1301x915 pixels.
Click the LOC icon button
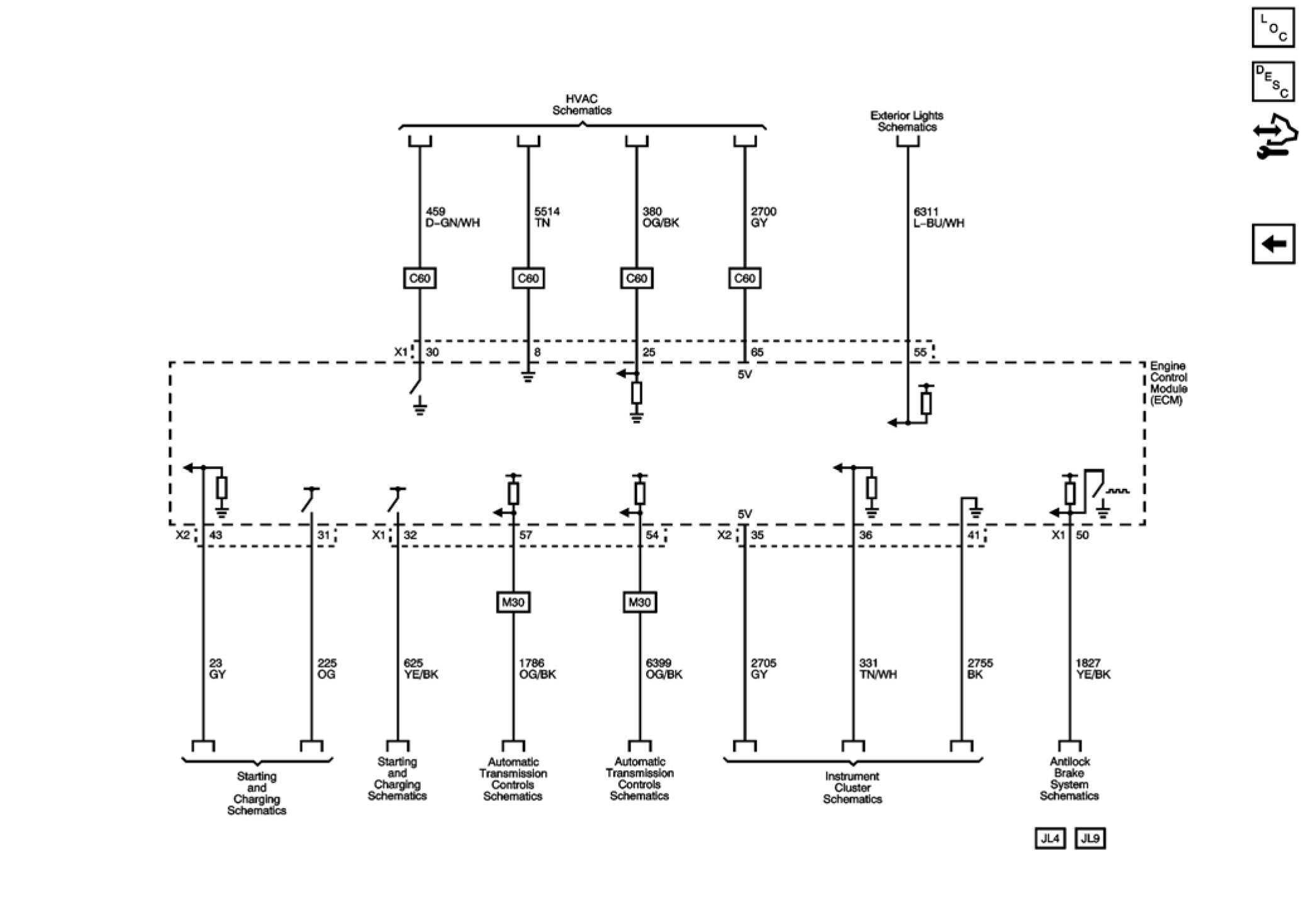coord(1273,28)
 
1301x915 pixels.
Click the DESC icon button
coord(1273,82)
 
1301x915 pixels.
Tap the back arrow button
coord(1273,244)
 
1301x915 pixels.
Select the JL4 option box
coord(1050,838)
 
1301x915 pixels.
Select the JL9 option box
coord(1090,838)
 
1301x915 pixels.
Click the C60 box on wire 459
coord(420,278)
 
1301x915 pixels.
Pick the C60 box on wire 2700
coord(744,278)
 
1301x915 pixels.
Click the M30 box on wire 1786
coord(513,602)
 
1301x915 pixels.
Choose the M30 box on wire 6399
coord(639,602)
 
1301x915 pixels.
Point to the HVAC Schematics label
coord(581,105)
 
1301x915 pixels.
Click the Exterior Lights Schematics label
coord(907,121)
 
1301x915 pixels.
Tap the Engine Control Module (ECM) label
coord(1168,383)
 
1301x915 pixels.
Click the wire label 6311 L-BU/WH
coord(938,218)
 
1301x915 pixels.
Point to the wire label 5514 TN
coord(546,218)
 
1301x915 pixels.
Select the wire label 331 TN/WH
coord(878,669)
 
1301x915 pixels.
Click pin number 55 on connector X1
coord(920,352)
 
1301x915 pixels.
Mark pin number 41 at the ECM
coord(973,536)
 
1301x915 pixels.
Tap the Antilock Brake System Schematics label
coord(1069,779)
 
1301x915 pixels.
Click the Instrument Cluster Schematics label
coord(852,788)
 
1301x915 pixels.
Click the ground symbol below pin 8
coord(528,377)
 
